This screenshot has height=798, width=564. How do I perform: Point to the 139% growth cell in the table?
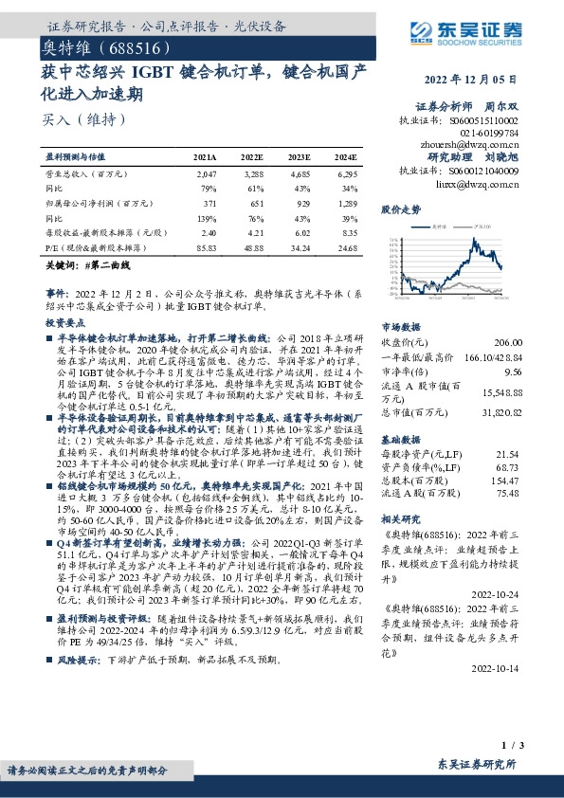[x=206, y=217]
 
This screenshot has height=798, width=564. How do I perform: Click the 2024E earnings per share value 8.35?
[x=348, y=231]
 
